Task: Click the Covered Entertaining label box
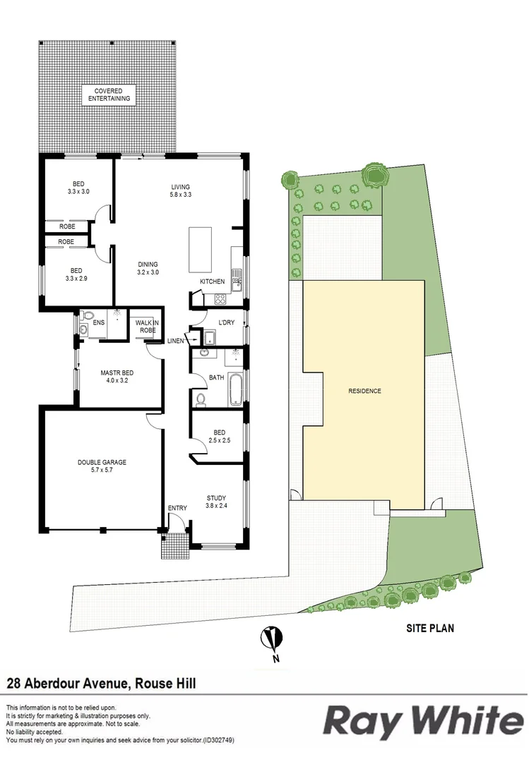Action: pyautogui.click(x=109, y=95)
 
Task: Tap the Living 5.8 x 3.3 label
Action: pyautogui.click(x=181, y=191)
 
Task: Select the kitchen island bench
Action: pyautogui.click(x=200, y=250)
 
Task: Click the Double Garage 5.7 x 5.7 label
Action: pyautogui.click(x=102, y=466)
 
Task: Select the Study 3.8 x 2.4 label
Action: pyautogui.click(x=216, y=502)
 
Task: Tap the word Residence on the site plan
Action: pyautogui.click(x=364, y=391)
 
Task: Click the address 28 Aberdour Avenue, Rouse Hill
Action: pyautogui.click(x=101, y=682)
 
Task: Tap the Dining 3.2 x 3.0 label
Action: pyautogui.click(x=148, y=268)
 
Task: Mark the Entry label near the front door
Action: pyautogui.click(x=177, y=508)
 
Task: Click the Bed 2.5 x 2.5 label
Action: pyautogui.click(x=220, y=437)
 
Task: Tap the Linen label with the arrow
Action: pyautogui.click(x=175, y=341)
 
